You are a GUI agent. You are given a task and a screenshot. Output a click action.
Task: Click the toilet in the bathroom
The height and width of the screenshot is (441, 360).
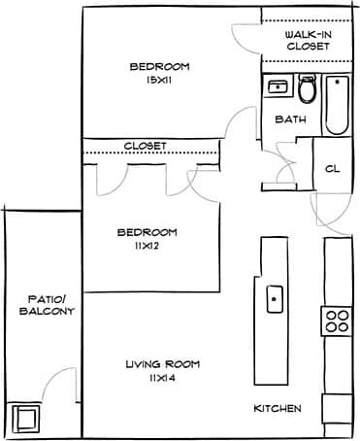click(x=308, y=90)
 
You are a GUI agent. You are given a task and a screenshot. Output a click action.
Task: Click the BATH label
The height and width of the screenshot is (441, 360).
click(x=290, y=120)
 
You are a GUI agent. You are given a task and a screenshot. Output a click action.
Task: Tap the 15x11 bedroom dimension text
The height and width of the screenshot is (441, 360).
click(x=160, y=81)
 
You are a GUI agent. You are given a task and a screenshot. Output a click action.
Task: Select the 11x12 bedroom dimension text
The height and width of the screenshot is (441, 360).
click(x=147, y=247)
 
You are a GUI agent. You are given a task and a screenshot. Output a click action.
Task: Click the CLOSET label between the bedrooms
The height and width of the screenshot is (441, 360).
click(x=145, y=146)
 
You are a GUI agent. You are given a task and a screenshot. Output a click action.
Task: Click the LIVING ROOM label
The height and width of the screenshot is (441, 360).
click(x=162, y=364)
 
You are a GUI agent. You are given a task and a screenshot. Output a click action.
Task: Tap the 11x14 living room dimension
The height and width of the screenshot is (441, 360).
click(x=162, y=378)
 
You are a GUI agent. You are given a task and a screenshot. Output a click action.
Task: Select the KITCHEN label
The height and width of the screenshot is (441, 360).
click(x=277, y=408)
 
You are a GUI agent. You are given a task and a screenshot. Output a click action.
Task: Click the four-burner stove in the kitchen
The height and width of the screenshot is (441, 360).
click(x=337, y=321)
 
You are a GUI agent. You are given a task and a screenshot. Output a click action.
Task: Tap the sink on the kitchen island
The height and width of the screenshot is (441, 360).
click(x=275, y=295)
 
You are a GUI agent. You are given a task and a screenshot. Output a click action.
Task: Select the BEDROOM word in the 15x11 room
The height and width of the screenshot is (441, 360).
click(x=160, y=67)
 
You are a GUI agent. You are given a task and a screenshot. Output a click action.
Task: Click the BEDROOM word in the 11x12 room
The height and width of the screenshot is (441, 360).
click(x=147, y=232)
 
